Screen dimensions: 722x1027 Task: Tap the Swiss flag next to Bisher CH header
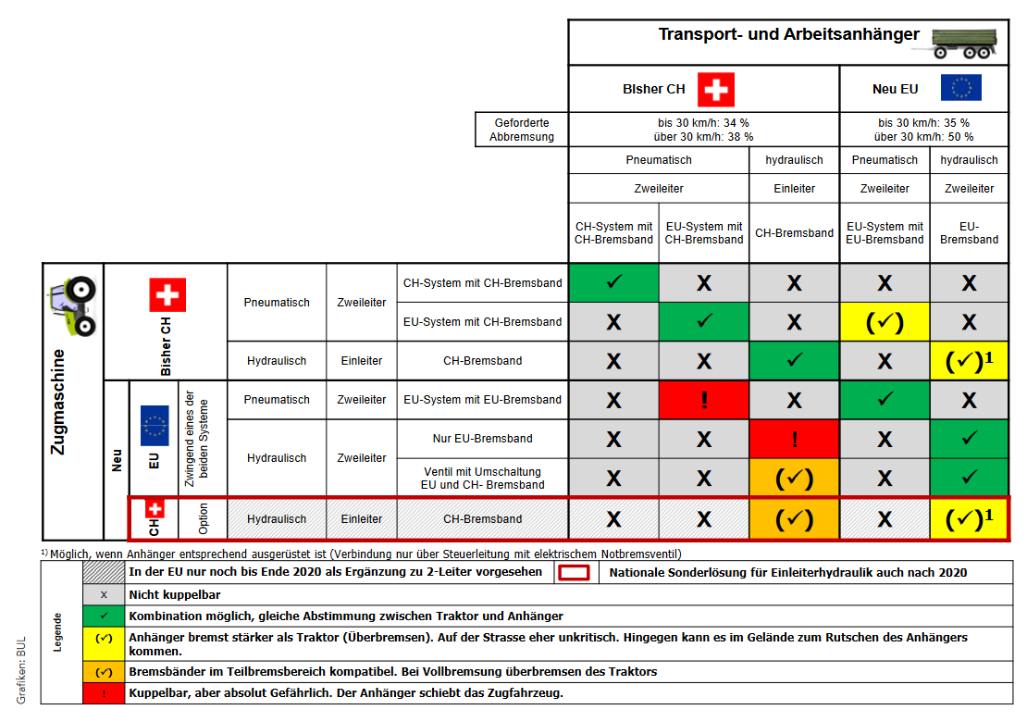pos(715,90)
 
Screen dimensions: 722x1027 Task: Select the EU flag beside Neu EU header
pos(960,89)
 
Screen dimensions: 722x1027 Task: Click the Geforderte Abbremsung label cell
pos(522,130)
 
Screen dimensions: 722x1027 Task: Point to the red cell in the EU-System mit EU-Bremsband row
pos(704,400)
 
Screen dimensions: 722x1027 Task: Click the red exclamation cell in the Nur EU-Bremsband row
pos(794,439)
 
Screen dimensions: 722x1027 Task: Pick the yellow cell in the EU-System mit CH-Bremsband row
pos(885,322)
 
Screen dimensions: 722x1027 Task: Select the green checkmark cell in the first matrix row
pos(613,282)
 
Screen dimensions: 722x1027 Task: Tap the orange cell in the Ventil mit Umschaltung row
pos(794,478)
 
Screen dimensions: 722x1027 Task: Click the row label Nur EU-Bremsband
pos(482,439)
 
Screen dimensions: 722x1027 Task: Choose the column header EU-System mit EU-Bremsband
pos(885,232)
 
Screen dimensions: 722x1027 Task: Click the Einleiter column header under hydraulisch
pos(794,188)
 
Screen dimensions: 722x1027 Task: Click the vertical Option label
pos(204,518)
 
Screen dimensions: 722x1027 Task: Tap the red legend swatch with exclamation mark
pos(104,692)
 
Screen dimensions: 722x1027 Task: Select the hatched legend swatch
pos(104,572)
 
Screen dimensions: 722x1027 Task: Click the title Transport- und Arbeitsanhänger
pos(788,35)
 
